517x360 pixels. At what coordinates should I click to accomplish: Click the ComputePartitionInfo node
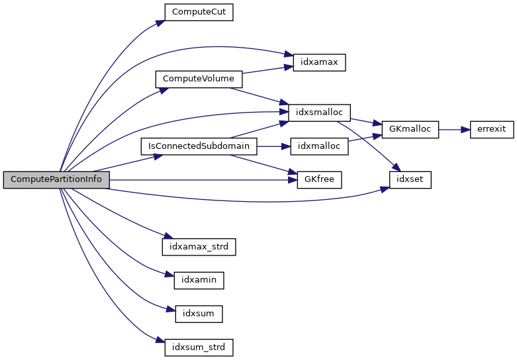click(56, 179)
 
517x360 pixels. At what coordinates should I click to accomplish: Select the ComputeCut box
click(199, 12)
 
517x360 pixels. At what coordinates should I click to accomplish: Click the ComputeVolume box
click(199, 79)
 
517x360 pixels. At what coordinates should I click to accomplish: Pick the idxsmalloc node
click(315, 112)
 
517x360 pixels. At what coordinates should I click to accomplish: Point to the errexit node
click(492, 129)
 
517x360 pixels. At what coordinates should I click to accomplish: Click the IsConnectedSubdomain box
click(199, 146)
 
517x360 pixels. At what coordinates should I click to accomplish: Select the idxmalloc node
click(319, 146)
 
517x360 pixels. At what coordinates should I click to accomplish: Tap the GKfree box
click(319, 179)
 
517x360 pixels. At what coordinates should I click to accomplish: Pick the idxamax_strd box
click(199, 246)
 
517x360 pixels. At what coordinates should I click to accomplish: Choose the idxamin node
click(199, 280)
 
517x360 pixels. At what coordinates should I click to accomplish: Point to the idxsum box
click(199, 313)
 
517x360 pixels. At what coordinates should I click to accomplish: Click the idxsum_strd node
click(199, 347)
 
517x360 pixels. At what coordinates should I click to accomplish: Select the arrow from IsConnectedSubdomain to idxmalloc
click(273, 146)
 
